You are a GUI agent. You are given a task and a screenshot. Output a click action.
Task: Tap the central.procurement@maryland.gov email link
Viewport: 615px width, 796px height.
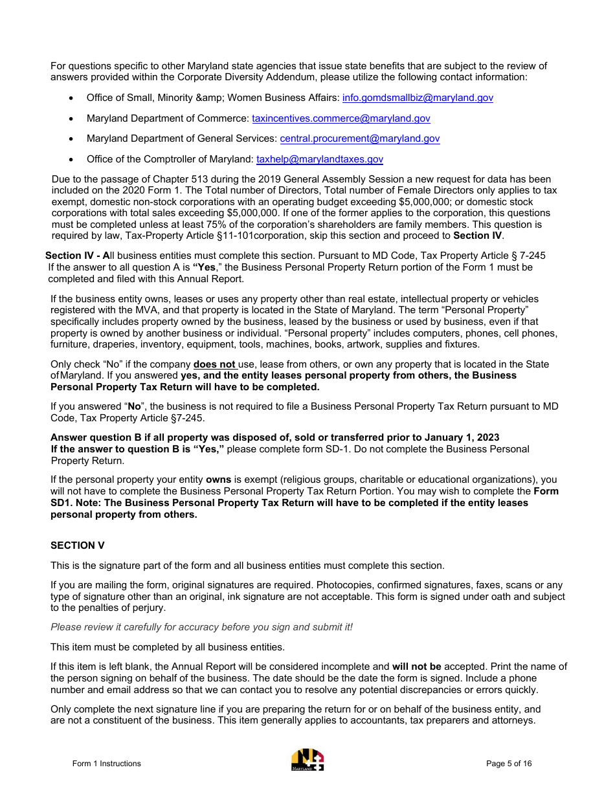[x=359, y=138]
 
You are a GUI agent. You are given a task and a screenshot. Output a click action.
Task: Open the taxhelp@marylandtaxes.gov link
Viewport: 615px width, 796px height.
[x=320, y=159]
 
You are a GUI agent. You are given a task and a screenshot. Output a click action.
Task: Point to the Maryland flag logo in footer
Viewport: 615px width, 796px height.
[x=307, y=760]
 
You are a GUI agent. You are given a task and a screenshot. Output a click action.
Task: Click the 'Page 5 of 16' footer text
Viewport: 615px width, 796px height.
[x=509, y=764]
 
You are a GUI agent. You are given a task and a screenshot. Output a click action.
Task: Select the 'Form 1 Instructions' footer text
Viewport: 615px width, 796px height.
[x=106, y=764]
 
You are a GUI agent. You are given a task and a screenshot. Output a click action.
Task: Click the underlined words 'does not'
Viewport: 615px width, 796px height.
[x=214, y=364]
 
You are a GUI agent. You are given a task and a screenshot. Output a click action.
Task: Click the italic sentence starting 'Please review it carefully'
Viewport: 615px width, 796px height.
[x=201, y=627]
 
